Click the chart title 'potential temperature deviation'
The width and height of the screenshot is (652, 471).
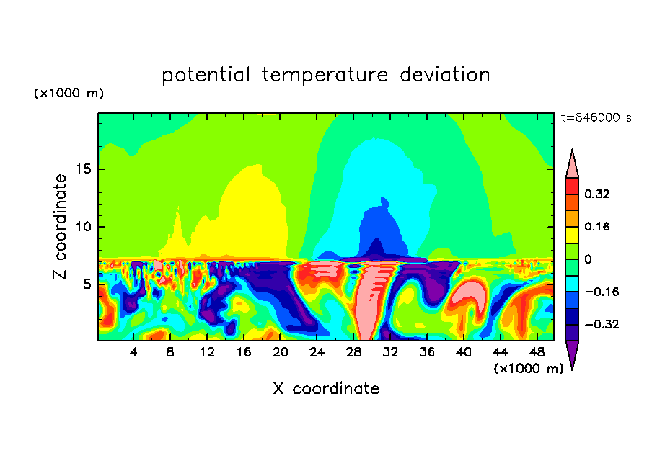point(325,75)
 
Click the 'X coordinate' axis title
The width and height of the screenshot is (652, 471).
point(325,389)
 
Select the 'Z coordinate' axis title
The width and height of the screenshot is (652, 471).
point(61,227)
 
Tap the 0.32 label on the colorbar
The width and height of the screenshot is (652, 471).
point(598,194)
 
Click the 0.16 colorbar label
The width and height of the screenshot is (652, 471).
point(598,226)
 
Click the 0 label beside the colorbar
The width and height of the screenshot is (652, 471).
point(589,259)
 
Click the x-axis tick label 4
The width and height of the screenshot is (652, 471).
point(134,352)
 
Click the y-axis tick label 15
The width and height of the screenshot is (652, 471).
point(85,169)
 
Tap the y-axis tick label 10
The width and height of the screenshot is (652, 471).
point(85,227)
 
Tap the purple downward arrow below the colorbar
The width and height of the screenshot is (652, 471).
point(572,354)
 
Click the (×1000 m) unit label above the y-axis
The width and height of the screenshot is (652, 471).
point(69,94)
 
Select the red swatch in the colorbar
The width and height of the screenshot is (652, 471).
point(572,186)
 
